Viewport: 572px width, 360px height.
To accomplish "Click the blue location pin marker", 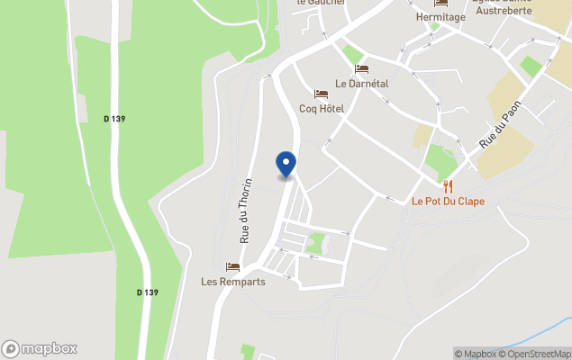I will tap(286, 165).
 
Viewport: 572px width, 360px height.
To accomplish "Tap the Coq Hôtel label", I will tap(322, 109).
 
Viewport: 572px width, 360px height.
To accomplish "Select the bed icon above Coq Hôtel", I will tap(321, 94).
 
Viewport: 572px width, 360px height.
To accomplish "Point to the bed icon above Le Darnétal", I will tap(361, 68).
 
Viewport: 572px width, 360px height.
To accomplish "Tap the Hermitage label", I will tap(440, 17).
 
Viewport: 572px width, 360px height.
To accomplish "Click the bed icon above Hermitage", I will tap(440, 3).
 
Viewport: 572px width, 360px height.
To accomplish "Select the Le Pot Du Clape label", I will tap(448, 202).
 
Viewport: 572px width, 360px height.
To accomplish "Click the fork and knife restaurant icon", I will tap(448, 186).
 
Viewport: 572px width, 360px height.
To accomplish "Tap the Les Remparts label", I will tap(233, 282).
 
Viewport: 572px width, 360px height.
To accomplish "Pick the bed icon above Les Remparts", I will tap(233, 266).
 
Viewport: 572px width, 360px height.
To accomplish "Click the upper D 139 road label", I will tap(113, 118).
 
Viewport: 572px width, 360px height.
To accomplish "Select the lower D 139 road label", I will tap(148, 292).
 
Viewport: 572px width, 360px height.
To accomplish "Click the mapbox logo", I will tap(40, 348).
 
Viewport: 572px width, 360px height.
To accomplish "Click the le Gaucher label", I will tap(321, 3).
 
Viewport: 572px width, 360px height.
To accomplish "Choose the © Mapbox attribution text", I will tap(476, 354).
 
